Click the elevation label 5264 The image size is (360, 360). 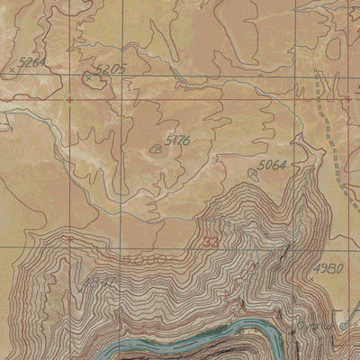pos(32,61)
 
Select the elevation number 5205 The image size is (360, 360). pos(109,69)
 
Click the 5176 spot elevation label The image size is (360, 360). pos(178,139)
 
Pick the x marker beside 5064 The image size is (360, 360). pos(254,172)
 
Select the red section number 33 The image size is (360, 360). pos(211,242)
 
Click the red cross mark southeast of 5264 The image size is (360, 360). pos(70,98)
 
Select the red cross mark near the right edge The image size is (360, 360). pos(347,98)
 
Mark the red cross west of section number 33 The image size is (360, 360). pos(68,238)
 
